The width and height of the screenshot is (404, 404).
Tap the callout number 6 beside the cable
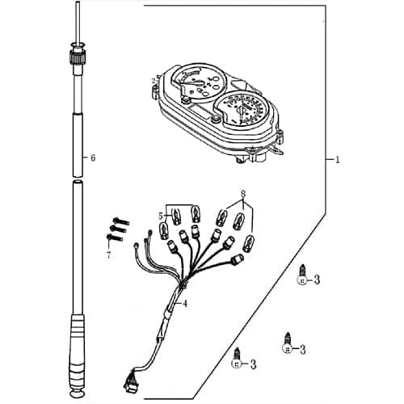pyautogui.click(x=93, y=158)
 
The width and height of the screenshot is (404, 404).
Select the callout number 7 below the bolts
pyautogui.click(x=107, y=255)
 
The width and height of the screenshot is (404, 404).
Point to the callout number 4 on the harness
pyautogui.click(x=185, y=304)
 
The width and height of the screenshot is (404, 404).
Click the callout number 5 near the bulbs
pyautogui.click(x=161, y=216)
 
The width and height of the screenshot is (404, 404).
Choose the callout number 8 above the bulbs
pyautogui.click(x=242, y=195)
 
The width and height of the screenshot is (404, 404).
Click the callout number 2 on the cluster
pyautogui.click(x=155, y=80)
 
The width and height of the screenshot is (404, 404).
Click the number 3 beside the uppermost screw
pyautogui.click(x=318, y=280)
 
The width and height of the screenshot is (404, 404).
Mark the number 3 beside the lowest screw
pyautogui.click(x=253, y=364)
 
